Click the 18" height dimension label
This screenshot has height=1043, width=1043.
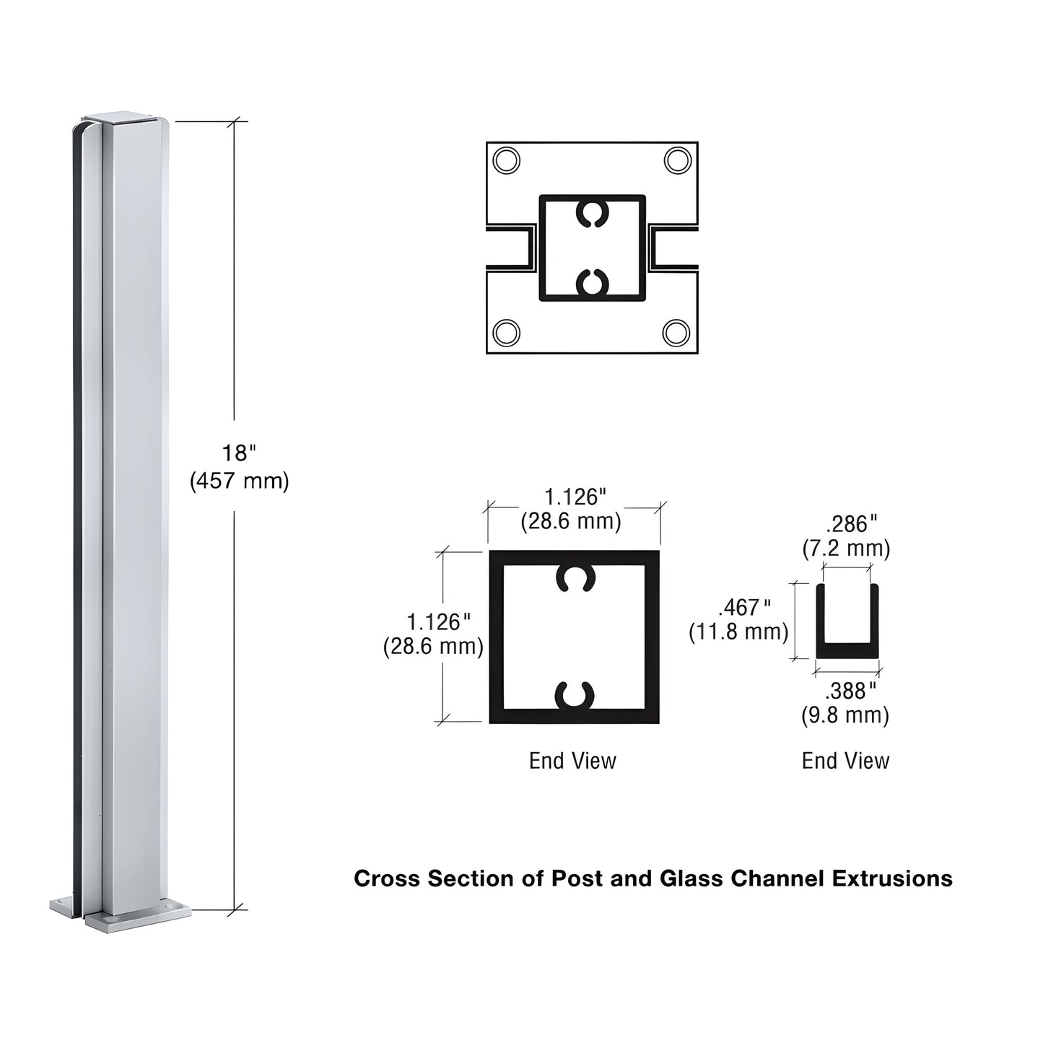(238, 454)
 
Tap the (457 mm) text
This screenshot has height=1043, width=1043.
(239, 481)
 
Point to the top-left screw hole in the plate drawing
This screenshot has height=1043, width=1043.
(506, 160)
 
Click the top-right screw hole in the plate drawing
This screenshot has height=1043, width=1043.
(677, 160)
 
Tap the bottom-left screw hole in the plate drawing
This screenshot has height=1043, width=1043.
(506, 333)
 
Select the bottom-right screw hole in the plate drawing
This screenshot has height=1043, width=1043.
(676, 333)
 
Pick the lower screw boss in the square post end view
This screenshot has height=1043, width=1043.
(575, 695)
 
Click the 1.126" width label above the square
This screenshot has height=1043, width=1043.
(574, 497)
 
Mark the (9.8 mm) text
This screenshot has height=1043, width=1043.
(845, 716)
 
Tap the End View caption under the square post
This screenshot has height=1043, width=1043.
(572, 761)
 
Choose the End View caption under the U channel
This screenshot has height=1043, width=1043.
(845, 761)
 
